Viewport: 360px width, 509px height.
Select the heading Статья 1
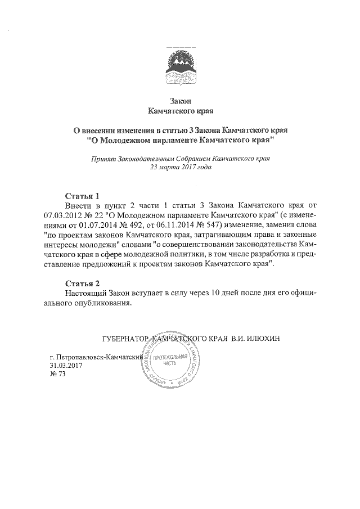(82, 196)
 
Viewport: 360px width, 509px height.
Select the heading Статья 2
(82, 283)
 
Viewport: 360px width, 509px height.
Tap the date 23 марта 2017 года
(180, 168)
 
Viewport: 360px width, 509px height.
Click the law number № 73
(58, 375)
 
